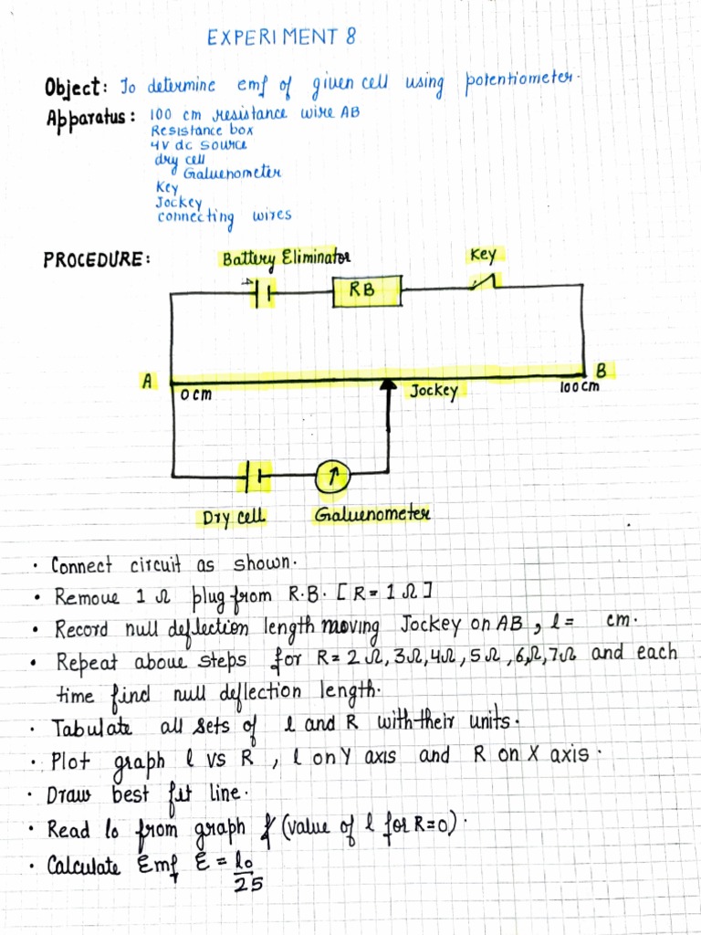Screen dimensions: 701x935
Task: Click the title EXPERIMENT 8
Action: (282, 37)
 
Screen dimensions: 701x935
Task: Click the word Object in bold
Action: (76, 90)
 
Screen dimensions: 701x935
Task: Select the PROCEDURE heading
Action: (97, 258)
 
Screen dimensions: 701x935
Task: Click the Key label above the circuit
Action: (483, 255)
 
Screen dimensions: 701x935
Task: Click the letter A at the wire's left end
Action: (145, 382)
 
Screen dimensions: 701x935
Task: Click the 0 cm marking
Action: (195, 394)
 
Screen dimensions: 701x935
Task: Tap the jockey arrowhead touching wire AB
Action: (389, 385)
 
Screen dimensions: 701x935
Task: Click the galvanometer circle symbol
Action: (334, 474)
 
